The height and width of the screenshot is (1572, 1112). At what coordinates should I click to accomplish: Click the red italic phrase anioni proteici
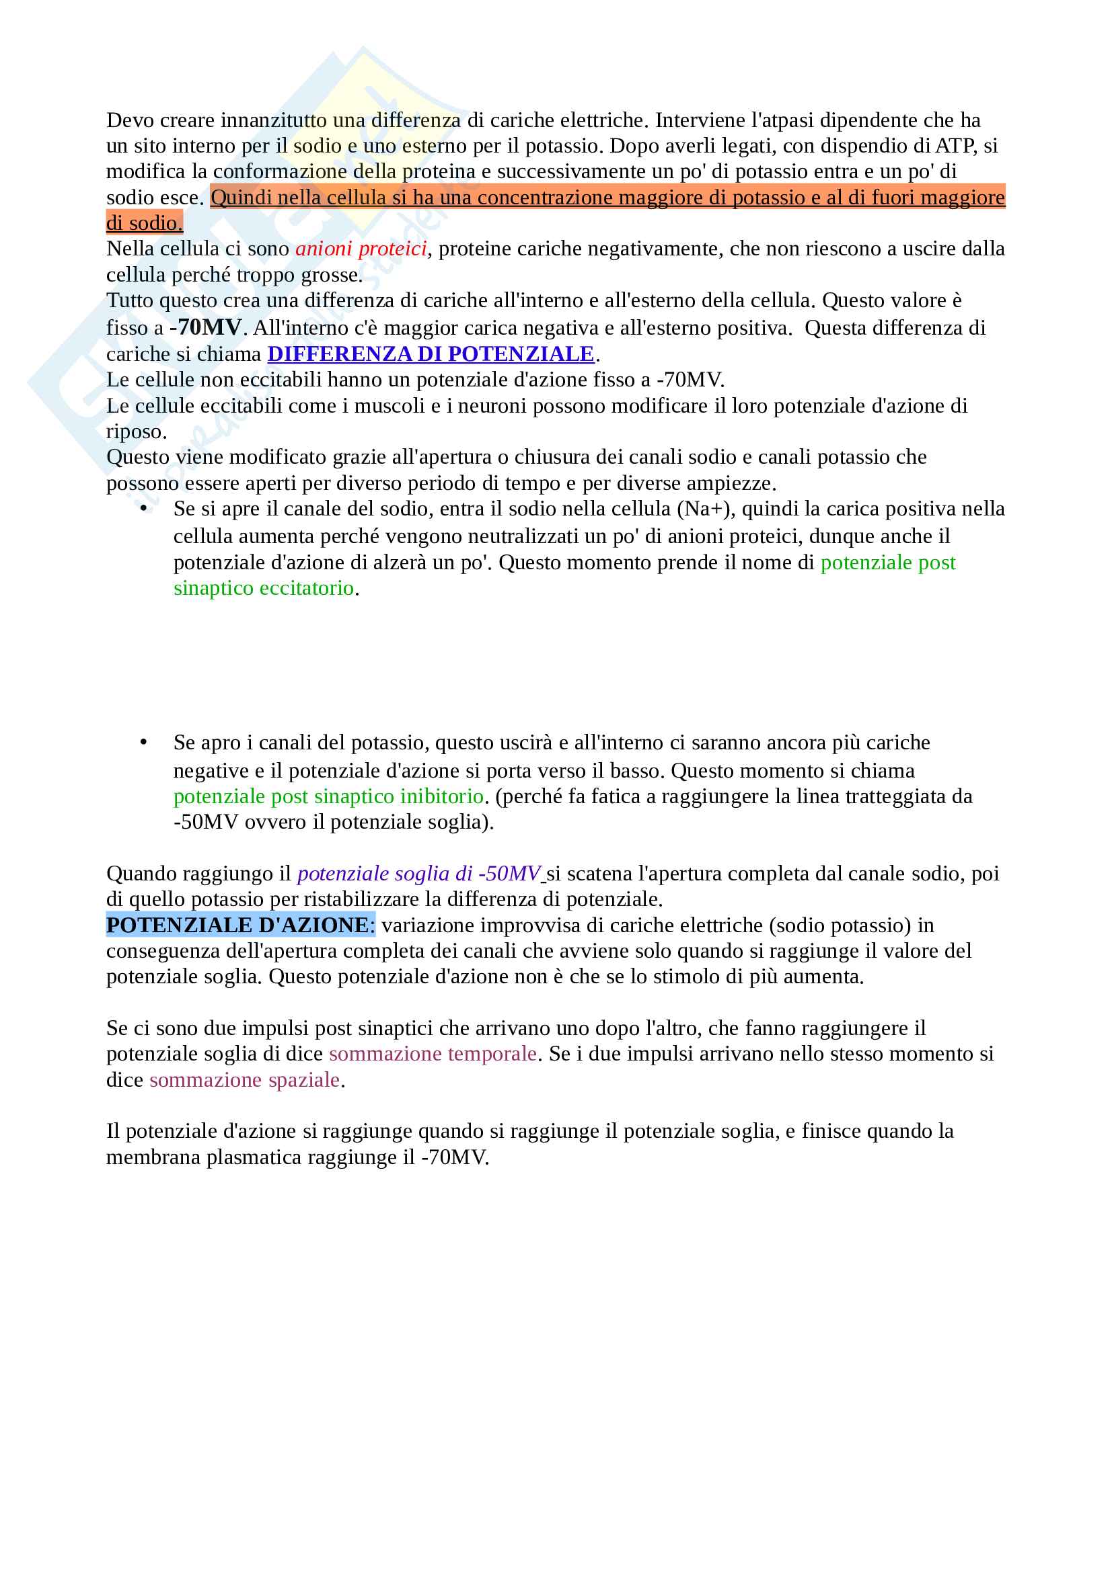(361, 249)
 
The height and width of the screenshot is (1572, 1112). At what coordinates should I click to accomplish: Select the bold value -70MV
(206, 327)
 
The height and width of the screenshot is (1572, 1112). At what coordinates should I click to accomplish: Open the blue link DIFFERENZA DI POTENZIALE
(431, 354)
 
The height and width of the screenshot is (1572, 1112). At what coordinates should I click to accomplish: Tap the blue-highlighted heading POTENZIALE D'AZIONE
(237, 925)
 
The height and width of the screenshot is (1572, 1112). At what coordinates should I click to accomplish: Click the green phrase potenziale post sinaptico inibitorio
(328, 796)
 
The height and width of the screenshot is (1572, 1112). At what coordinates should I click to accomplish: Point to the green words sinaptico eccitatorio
(264, 588)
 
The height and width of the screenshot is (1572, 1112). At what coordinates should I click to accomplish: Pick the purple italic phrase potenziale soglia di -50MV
(419, 874)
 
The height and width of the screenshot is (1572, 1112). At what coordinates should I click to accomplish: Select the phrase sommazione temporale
(433, 1054)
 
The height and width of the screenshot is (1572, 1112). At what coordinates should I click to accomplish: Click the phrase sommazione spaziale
(245, 1080)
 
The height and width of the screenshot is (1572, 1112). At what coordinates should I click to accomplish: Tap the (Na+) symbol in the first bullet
(706, 509)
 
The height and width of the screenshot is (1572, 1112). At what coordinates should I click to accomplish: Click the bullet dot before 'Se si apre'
(143, 509)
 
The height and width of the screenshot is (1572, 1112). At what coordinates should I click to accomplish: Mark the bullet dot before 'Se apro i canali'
(143, 743)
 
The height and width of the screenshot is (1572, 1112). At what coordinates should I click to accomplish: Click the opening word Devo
(131, 120)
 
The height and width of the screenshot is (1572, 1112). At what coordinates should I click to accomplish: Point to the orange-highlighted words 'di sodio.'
(145, 223)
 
